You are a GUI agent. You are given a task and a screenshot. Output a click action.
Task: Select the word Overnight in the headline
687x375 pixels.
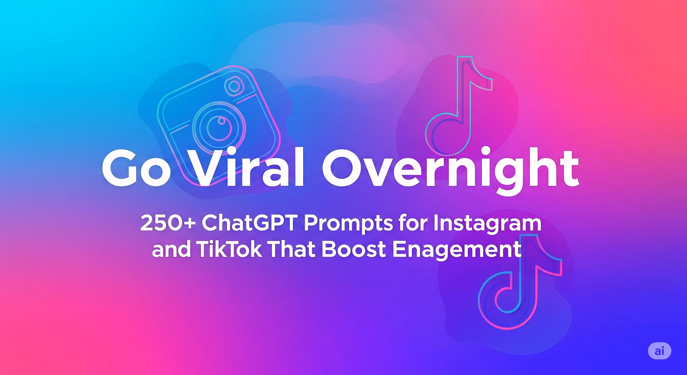(450, 171)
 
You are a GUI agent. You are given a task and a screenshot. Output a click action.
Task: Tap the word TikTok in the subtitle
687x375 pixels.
(229, 249)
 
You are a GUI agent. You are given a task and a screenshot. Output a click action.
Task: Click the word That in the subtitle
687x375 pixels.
(292, 249)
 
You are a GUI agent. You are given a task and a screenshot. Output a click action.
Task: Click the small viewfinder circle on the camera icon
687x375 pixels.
(234, 86)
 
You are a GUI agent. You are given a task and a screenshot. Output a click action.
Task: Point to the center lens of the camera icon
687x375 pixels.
(219, 129)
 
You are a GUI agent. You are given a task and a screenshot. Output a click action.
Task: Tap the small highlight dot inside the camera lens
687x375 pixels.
(221, 121)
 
